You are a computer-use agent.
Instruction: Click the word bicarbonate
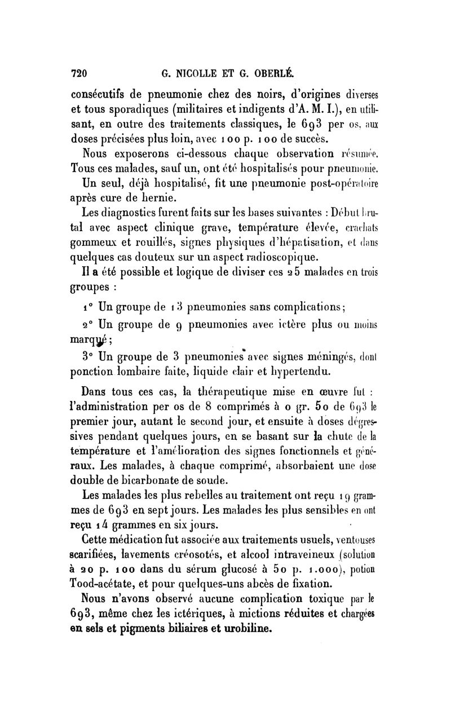tap(149, 480)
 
